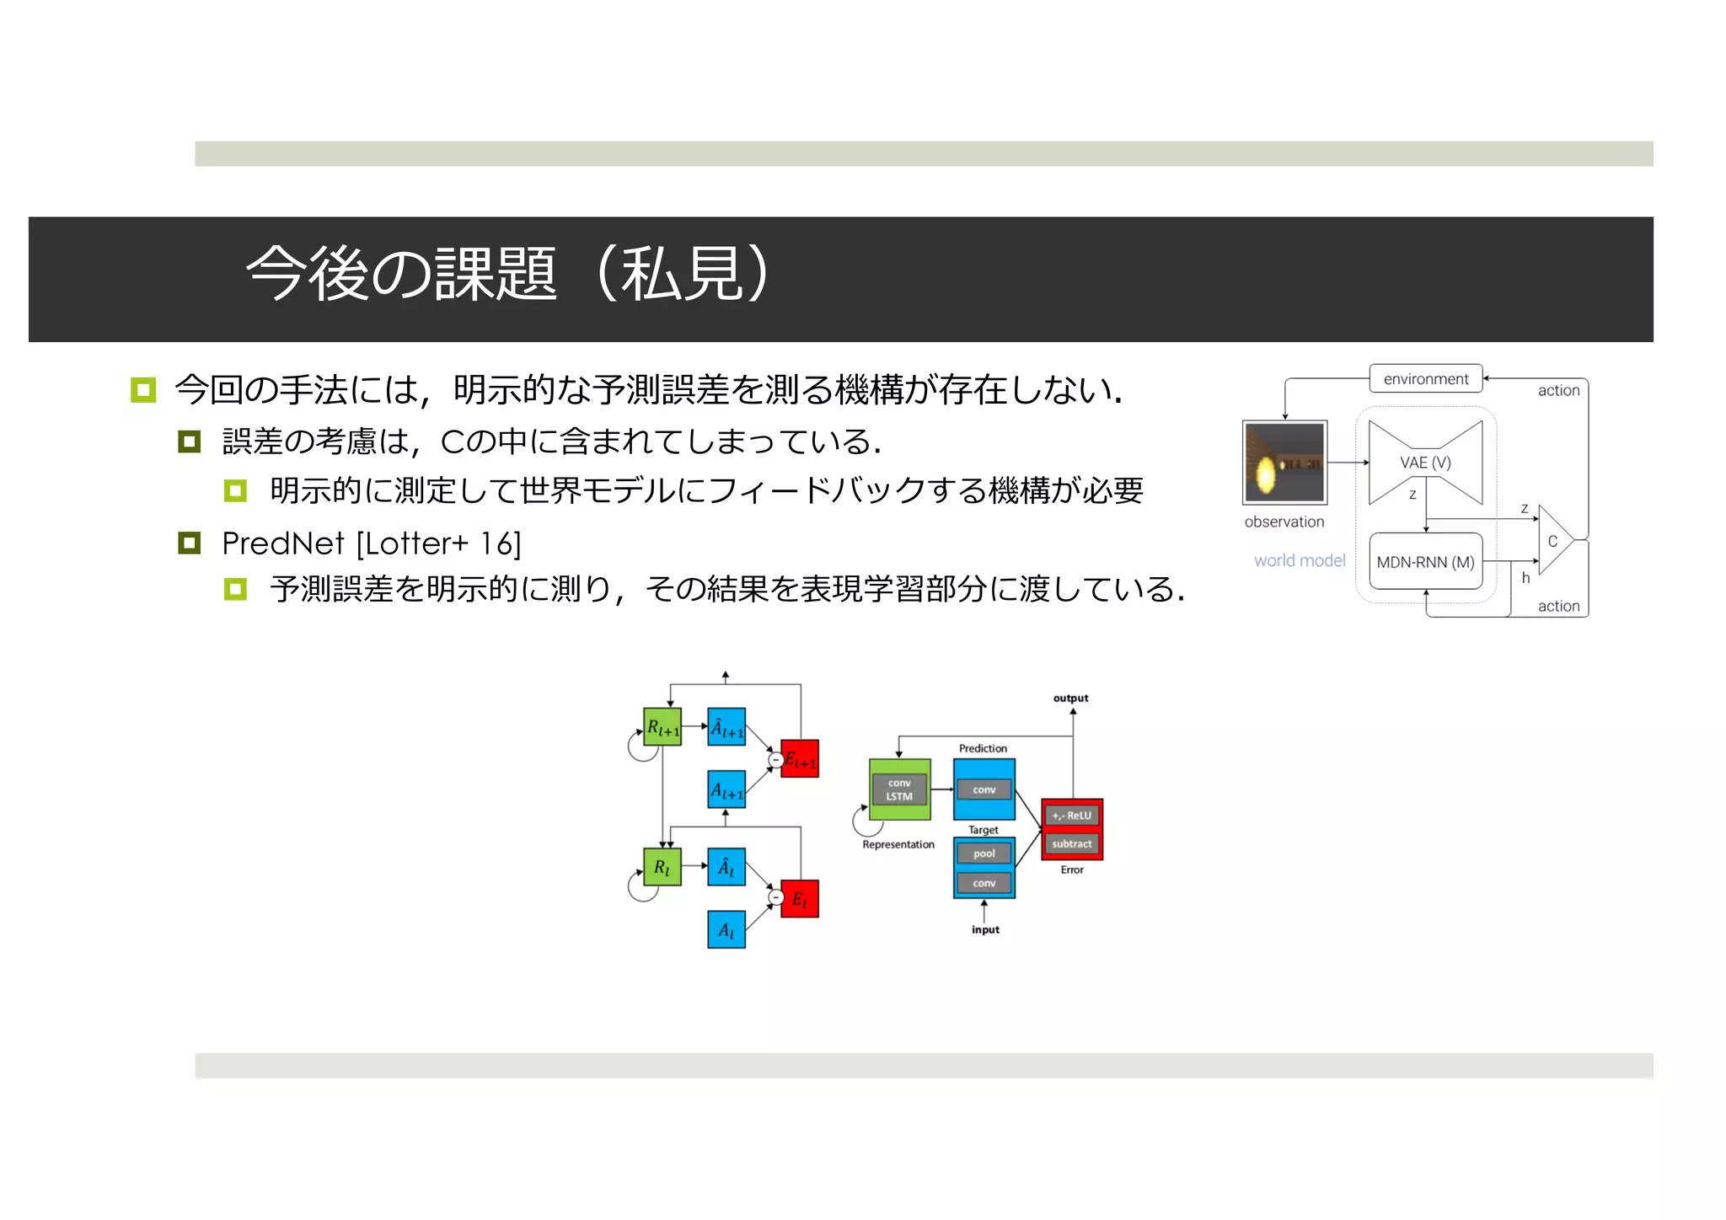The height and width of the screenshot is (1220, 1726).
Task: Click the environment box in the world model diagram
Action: coord(1425,379)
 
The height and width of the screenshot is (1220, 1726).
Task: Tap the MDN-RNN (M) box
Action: coord(1425,562)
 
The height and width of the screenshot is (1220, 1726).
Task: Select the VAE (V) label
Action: coord(1425,463)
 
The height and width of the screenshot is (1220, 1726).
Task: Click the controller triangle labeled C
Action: coord(1553,541)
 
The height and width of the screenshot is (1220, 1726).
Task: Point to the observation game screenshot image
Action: coord(1284,463)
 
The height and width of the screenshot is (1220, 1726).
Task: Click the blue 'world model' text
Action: coord(1300,561)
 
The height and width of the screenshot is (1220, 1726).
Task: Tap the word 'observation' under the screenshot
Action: coord(1284,522)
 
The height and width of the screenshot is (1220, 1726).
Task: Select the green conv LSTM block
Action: coord(899,789)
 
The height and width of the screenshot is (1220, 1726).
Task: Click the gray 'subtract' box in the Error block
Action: coord(1071,844)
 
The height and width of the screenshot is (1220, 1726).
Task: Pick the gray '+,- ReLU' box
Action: coord(1071,816)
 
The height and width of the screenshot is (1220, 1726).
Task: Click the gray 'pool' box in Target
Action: coord(984,853)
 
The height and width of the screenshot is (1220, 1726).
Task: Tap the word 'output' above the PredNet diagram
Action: coord(1070,698)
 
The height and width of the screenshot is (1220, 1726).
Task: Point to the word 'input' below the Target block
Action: coord(985,930)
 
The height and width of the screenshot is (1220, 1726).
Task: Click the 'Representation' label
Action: coord(898,845)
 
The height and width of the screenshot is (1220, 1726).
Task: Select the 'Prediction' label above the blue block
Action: coord(983,748)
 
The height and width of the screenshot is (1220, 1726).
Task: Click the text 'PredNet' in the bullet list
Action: coord(283,544)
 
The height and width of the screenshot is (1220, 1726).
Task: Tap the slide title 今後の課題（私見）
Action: coord(506,275)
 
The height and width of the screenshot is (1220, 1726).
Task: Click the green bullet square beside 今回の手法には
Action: coord(143,390)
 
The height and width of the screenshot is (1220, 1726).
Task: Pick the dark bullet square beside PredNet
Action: coord(190,543)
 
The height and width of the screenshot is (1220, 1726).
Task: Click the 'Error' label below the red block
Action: coord(1072,870)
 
